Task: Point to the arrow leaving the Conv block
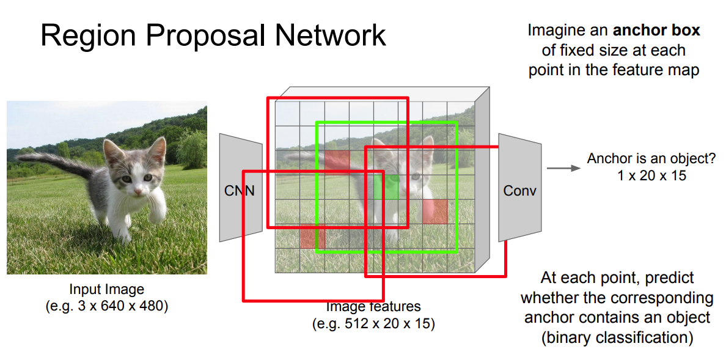(x=563, y=168)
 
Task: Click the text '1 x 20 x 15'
(x=651, y=175)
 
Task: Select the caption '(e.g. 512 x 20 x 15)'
(x=373, y=323)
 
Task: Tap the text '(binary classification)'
(x=617, y=337)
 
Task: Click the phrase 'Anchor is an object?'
(x=651, y=158)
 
